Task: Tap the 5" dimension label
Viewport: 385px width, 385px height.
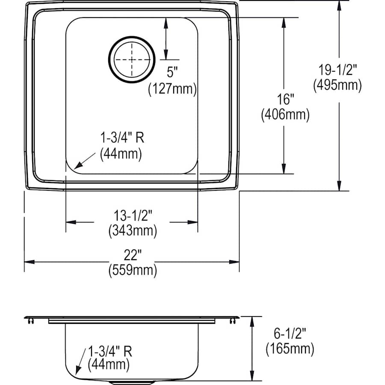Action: pos(172,72)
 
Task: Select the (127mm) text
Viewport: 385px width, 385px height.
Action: pos(172,89)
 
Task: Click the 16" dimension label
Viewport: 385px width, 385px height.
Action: pos(285,99)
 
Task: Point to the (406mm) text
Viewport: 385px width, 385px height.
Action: pos(285,115)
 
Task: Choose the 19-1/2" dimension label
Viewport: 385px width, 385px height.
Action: pos(338,70)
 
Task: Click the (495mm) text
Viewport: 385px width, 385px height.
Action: pos(338,85)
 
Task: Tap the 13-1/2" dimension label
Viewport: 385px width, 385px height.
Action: pos(133,216)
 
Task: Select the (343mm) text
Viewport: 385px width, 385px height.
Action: pos(133,231)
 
